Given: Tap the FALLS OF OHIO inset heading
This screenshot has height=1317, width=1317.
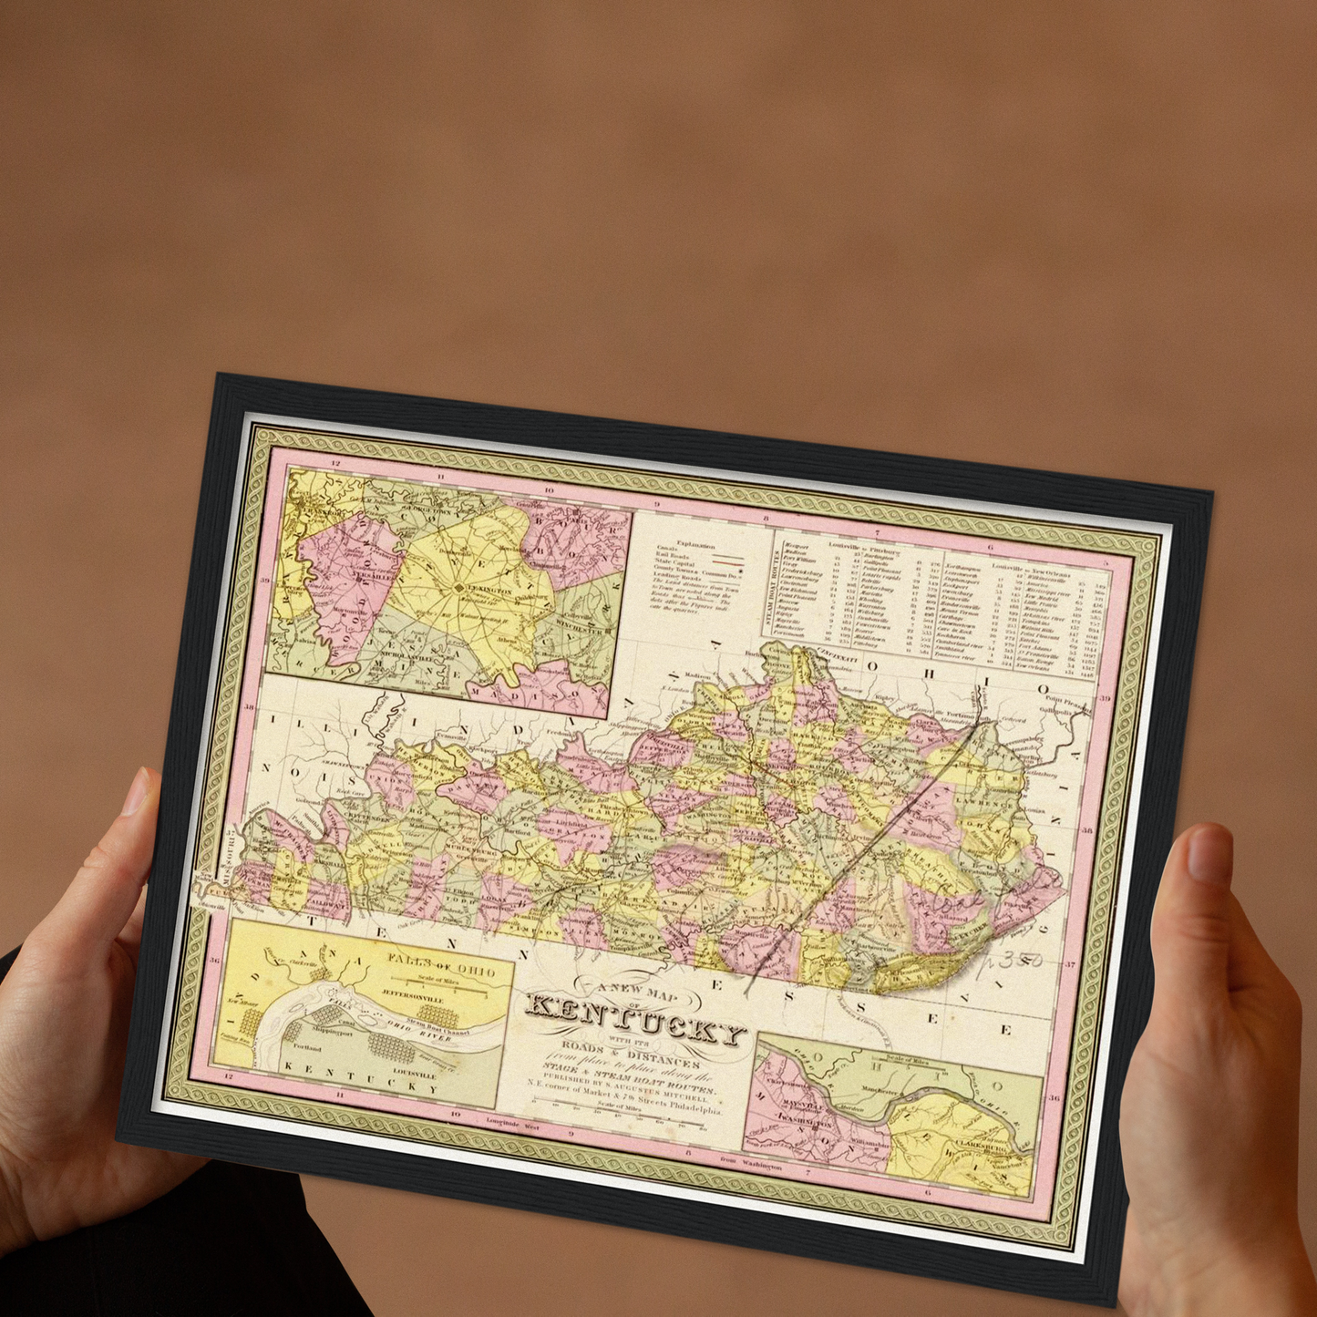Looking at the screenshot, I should point(441,964).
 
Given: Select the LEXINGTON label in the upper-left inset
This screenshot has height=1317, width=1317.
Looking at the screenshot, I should point(489,590).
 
